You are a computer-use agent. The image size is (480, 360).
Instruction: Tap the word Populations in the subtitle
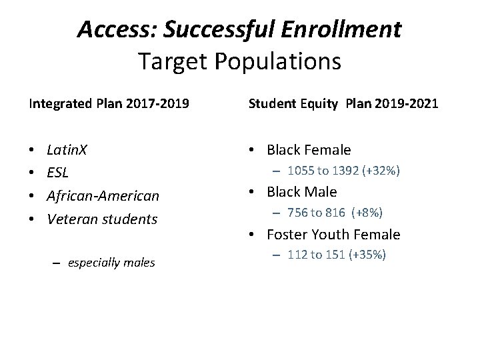285,61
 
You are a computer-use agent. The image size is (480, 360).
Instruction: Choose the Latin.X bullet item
69,149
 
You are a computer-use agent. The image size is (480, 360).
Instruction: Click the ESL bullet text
59,173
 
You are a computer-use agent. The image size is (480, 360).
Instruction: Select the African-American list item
103,195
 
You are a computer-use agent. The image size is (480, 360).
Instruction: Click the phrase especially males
111,263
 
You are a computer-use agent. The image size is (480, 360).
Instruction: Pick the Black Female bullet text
309,149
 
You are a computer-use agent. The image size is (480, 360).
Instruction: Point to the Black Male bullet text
302,192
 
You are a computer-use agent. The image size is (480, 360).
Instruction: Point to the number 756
297,213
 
